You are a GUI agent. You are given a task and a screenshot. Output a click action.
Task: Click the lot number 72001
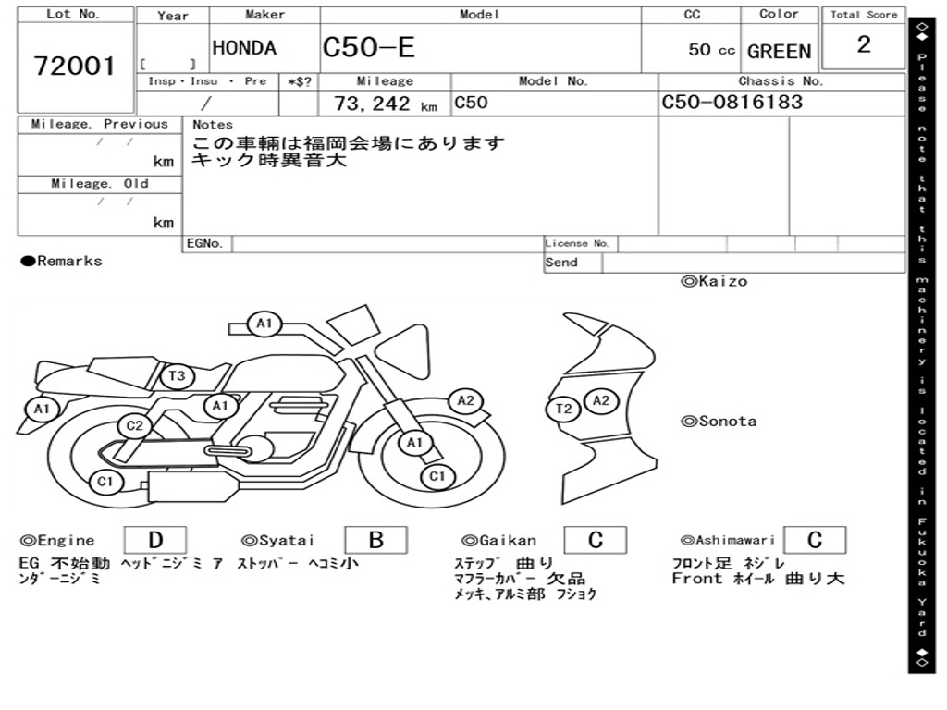75,67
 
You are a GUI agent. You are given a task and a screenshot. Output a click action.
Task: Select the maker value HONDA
244,49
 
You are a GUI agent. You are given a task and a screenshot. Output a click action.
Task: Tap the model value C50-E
369,49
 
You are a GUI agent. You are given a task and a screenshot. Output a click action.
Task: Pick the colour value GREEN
779,52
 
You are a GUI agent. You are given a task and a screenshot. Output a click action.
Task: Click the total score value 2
864,45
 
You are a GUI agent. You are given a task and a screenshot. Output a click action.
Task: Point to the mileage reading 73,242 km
385,104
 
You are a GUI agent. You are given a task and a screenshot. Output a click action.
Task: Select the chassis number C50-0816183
732,103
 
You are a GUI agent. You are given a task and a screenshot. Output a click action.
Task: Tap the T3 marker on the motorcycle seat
178,376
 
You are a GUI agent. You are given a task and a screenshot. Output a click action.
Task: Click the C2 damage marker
135,426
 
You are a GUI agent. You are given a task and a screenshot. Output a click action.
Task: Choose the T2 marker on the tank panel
565,410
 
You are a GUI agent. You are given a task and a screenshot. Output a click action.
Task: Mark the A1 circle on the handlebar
264,324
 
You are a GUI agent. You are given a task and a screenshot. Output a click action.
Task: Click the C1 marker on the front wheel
437,476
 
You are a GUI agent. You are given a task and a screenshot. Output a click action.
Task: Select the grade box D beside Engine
154,540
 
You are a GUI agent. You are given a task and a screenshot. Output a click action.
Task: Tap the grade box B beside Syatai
375,540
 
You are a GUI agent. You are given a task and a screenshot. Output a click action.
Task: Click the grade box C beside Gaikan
596,540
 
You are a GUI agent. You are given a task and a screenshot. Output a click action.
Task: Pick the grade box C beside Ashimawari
814,540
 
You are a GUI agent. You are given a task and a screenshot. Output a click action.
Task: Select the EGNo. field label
205,244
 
